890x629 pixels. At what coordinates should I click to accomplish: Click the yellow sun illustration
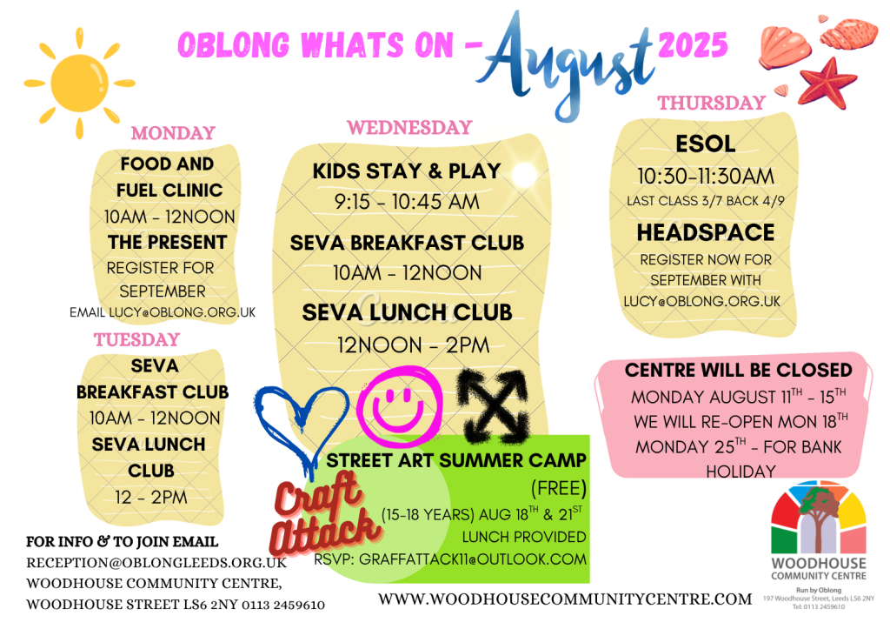(79, 83)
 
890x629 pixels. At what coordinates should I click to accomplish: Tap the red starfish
(827, 83)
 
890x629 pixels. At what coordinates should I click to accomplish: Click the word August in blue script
(567, 64)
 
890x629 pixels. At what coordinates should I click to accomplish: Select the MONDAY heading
(173, 133)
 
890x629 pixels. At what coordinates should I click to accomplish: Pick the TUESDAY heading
(136, 340)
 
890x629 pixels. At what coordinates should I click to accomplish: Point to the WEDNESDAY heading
(410, 127)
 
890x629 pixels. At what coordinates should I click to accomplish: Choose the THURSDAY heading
(712, 103)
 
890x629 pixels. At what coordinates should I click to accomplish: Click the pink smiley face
(399, 404)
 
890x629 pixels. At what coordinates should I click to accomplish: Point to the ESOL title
(706, 144)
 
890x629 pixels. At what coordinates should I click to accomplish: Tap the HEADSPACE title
(706, 232)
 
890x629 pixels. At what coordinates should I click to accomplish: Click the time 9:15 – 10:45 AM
(407, 202)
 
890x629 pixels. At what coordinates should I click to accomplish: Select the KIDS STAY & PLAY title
(407, 171)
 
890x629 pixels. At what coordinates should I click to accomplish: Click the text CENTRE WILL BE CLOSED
(739, 371)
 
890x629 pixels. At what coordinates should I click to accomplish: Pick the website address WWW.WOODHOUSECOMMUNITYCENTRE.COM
(565, 599)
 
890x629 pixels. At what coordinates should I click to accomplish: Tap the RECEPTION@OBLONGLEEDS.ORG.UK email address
(156, 563)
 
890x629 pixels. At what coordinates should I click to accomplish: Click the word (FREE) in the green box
(559, 488)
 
